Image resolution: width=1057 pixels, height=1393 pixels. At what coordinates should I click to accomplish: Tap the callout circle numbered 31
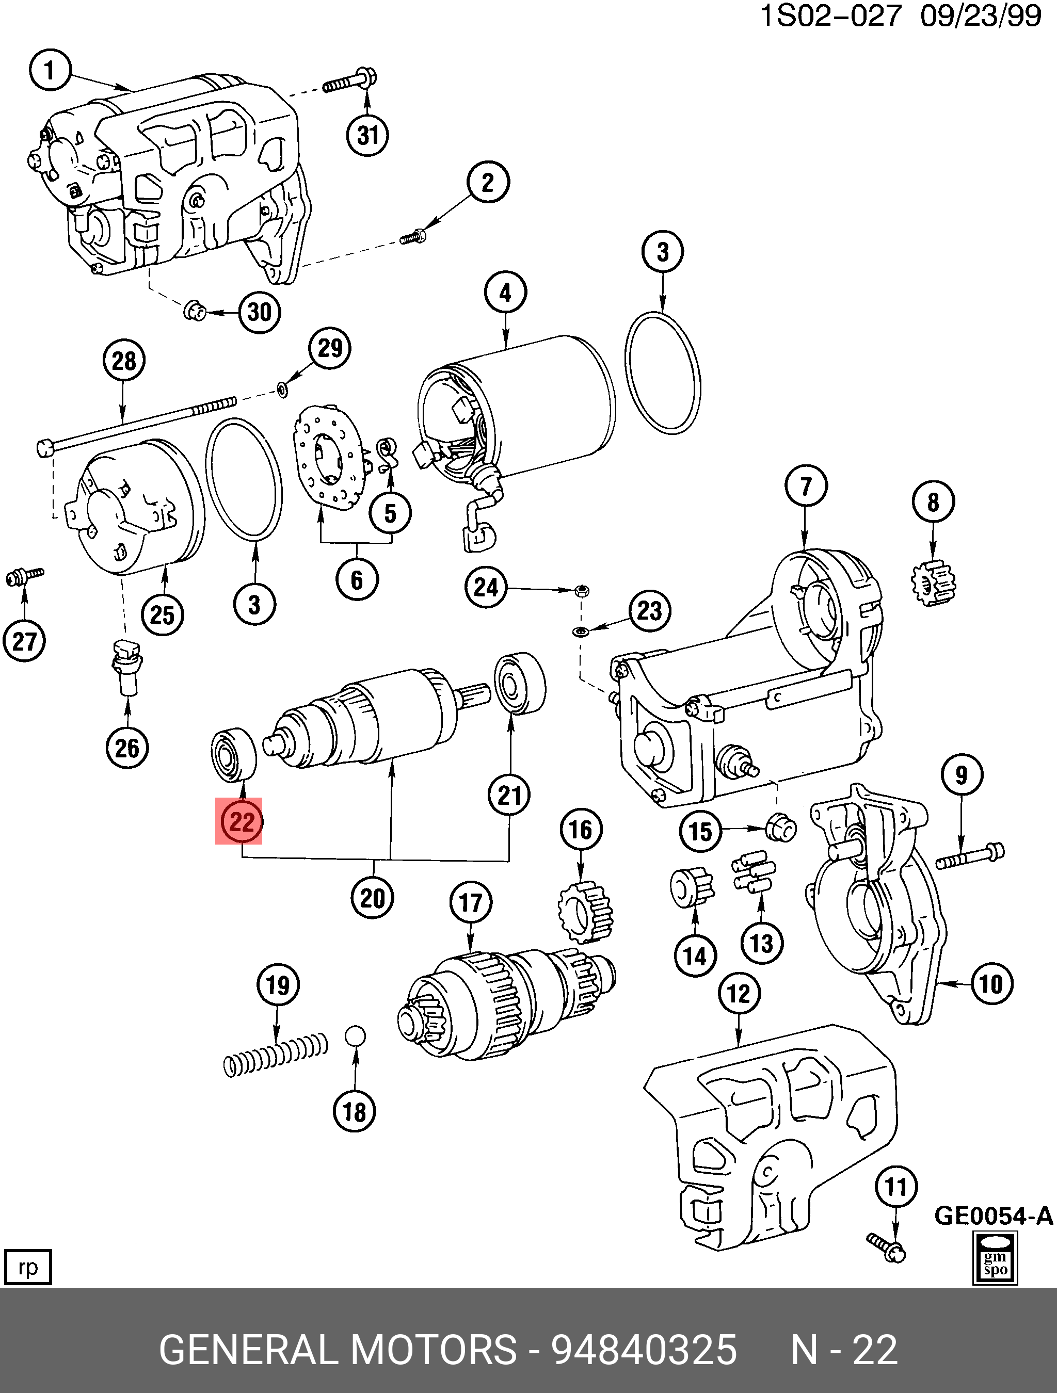coord(368,135)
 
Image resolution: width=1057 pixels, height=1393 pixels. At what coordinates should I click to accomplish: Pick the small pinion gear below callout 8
coord(934,582)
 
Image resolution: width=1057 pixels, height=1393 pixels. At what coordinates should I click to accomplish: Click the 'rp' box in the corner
coord(27,1267)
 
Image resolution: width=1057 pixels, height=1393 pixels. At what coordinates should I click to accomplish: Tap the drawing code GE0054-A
coord(994,1215)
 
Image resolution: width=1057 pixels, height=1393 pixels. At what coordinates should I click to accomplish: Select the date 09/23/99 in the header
coord(980,17)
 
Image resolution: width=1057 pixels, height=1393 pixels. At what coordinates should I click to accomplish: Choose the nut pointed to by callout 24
coord(583,590)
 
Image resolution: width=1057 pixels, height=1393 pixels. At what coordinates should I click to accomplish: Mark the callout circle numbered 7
coord(806,485)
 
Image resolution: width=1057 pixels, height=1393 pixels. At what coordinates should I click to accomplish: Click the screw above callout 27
coord(25,576)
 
